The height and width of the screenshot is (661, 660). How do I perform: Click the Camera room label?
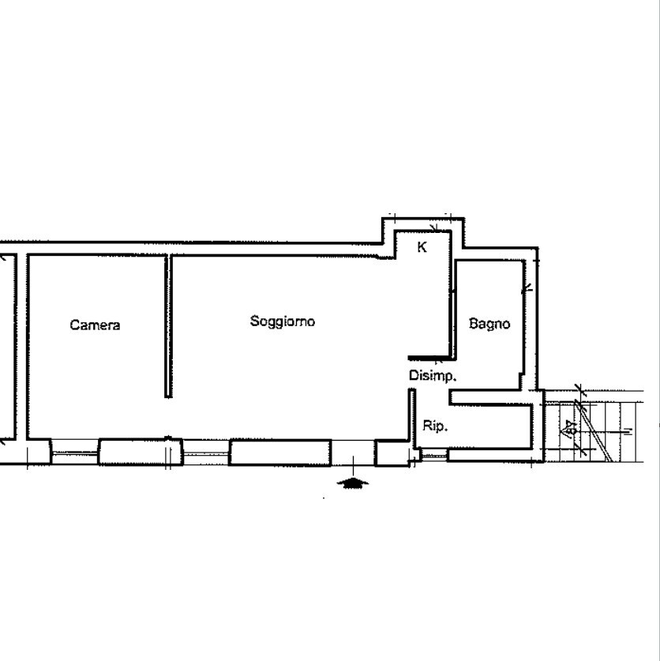coord(95,325)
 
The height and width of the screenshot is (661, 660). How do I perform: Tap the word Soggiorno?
coord(283,321)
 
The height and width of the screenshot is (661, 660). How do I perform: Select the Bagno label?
coord(489,323)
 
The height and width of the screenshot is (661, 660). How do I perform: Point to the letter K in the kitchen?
coord(422,247)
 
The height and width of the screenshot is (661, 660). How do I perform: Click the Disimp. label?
coord(432,376)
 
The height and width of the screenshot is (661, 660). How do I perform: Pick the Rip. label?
coord(435,426)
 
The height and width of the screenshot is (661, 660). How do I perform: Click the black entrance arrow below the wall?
coord(352,483)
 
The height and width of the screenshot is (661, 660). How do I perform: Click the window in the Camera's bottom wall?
coord(75,453)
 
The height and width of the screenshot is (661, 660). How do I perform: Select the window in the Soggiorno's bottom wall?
coord(205,453)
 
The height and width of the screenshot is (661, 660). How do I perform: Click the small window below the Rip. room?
coord(433,454)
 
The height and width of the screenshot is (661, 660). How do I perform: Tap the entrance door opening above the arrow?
coord(352,453)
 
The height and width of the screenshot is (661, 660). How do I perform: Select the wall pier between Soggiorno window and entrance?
coord(280,452)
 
